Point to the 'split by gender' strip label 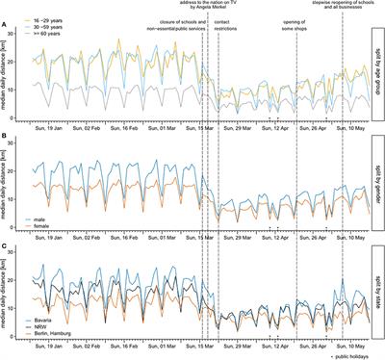coord(377,178)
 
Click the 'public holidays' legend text coord(350,355)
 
